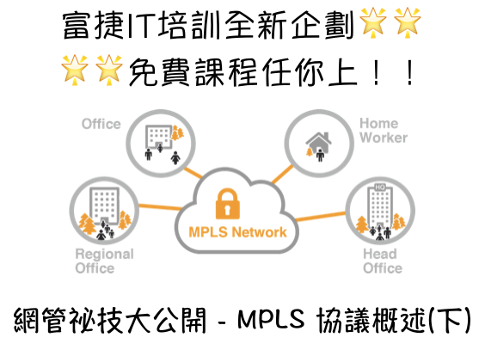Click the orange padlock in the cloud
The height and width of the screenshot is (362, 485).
point(228,204)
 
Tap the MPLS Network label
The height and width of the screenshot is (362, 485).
point(237,232)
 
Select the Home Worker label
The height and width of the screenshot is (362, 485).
point(384,131)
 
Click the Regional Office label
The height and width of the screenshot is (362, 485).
point(105,261)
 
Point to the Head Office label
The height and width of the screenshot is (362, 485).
point(383,261)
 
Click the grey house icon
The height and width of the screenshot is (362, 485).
point(318,142)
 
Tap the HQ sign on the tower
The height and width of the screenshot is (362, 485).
point(379,187)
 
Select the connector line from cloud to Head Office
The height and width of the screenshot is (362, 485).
point(321,217)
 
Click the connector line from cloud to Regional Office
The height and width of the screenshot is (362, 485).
point(160,206)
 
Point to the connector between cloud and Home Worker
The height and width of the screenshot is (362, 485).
point(282,174)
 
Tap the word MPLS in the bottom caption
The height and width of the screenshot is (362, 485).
point(271,319)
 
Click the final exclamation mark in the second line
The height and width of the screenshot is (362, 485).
point(410,73)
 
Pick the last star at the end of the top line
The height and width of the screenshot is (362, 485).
point(407,22)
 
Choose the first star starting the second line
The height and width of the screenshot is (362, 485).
point(75,70)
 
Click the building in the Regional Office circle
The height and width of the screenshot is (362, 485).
point(104,205)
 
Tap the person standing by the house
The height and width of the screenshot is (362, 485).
point(320,155)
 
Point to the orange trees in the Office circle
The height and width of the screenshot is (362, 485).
point(177,132)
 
